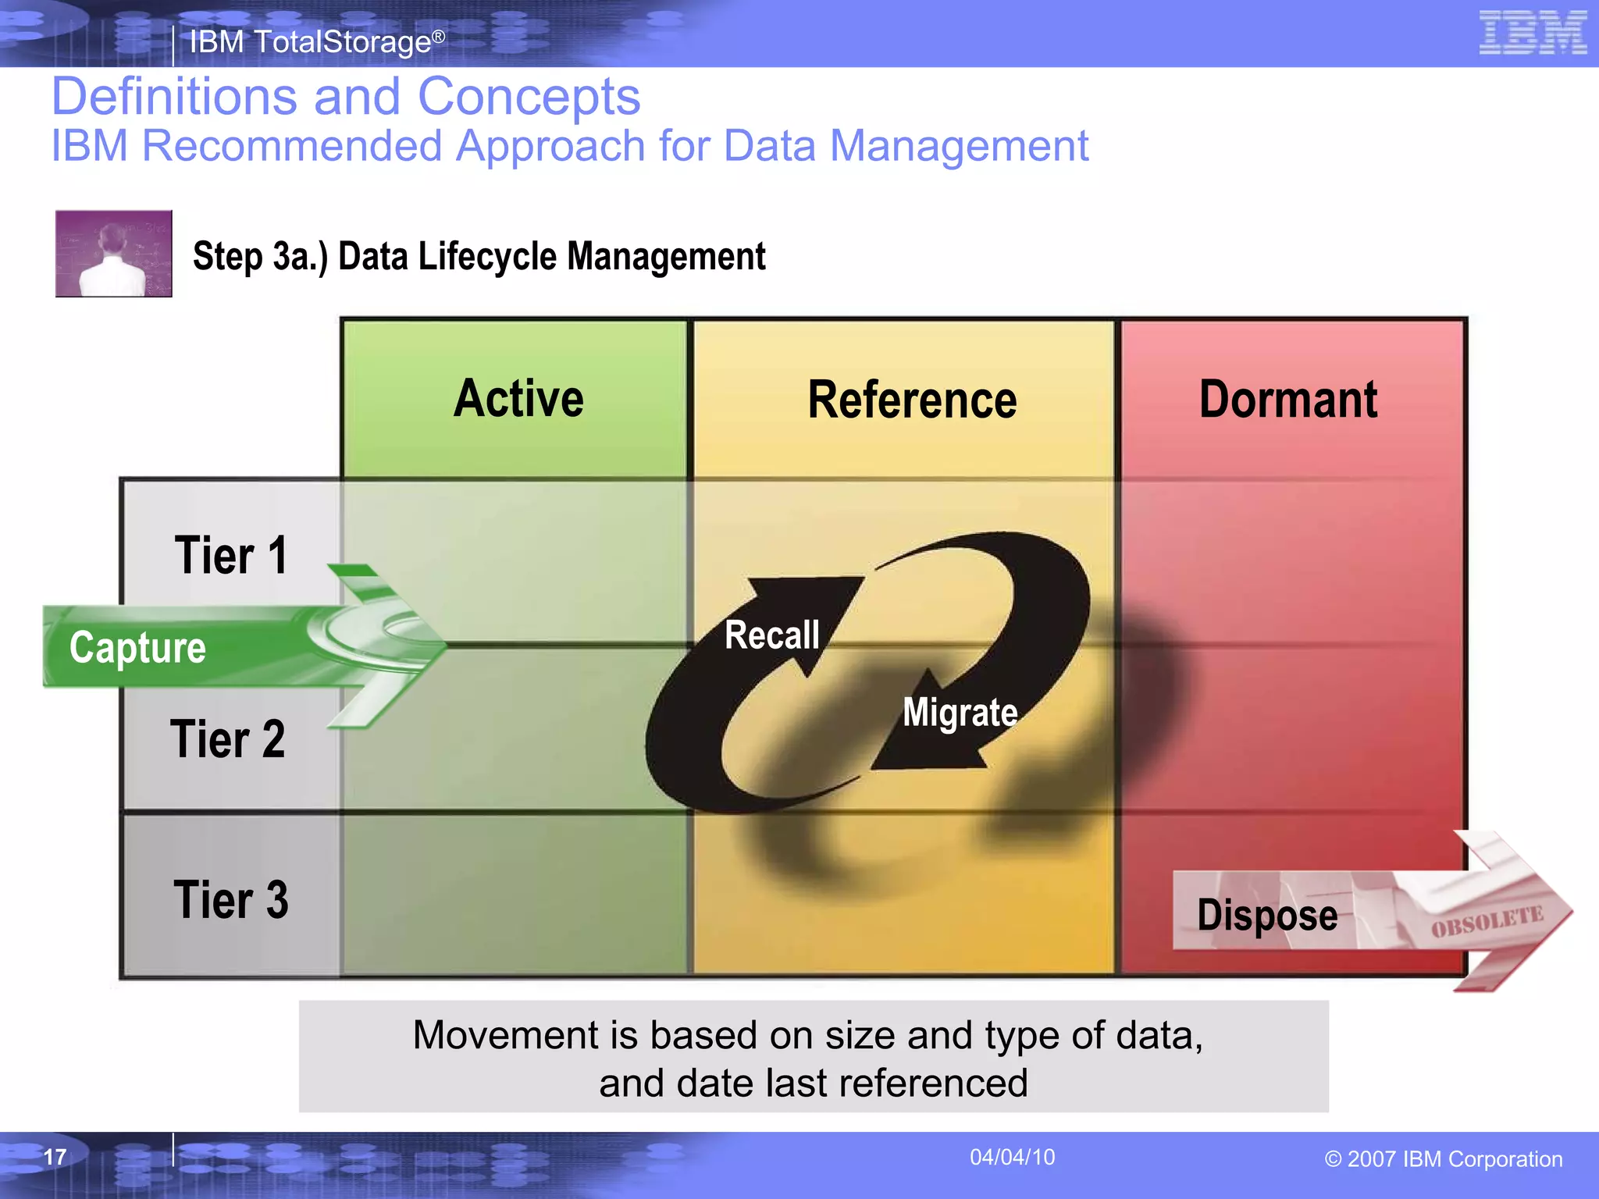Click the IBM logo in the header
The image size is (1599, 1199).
click(x=1533, y=33)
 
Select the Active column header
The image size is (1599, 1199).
click(x=518, y=399)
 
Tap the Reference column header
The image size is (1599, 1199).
click(x=912, y=400)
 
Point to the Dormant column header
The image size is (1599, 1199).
click(x=1288, y=400)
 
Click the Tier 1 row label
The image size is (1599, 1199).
click(x=231, y=556)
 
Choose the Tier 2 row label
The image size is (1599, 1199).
click(x=227, y=739)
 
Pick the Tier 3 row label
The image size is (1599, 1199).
click(x=230, y=900)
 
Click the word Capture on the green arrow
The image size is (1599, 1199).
click(x=137, y=648)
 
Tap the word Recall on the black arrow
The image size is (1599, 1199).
click(x=772, y=635)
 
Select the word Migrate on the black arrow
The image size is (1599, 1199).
click(x=960, y=713)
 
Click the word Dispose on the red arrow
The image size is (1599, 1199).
click(x=1266, y=915)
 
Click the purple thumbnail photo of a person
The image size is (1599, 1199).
click(x=114, y=254)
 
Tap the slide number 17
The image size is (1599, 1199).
click(x=55, y=1157)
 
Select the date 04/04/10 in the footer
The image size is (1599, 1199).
click(x=1012, y=1157)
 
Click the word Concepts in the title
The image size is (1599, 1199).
click(x=529, y=97)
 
